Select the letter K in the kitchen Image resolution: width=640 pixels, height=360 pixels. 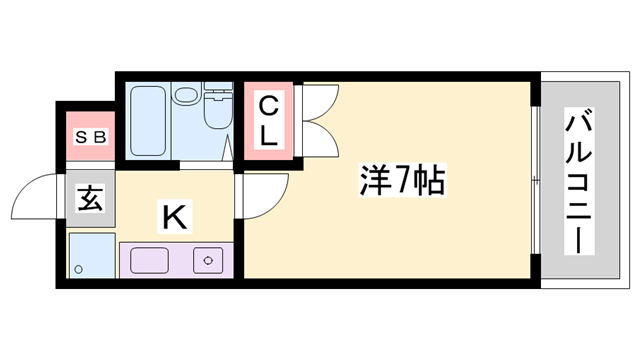point(173,214)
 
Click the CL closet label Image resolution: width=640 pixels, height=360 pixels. point(269,121)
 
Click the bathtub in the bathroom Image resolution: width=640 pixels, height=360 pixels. point(148,118)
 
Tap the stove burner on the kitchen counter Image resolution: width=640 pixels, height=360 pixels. point(207,260)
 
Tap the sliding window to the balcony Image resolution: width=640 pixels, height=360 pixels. point(534,180)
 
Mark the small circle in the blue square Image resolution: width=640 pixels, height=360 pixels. point(78,268)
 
